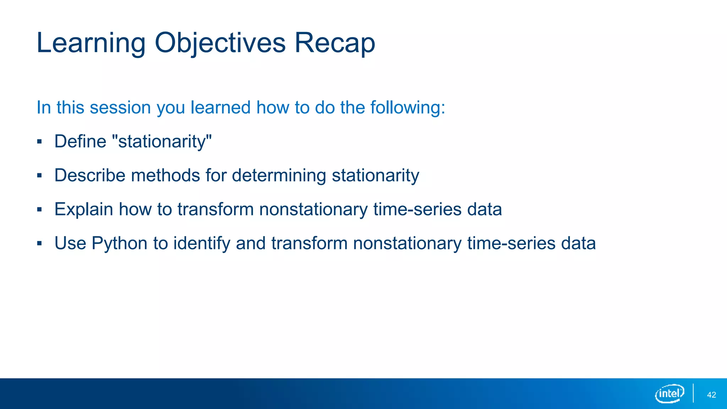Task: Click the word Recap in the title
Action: click(335, 43)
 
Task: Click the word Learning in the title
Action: click(91, 43)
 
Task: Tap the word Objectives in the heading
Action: click(220, 43)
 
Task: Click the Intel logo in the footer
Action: click(669, 393)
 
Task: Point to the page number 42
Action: click(711, 395)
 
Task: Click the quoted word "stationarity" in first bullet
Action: click(162, 141)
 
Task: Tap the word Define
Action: click(80, 141)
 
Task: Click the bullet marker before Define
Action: click(39, 142)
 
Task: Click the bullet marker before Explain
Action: click(39, 210)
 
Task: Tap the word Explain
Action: click(84, 209)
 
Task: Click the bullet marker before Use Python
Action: click(39, 244)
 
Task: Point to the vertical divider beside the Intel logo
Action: click(693, 393)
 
